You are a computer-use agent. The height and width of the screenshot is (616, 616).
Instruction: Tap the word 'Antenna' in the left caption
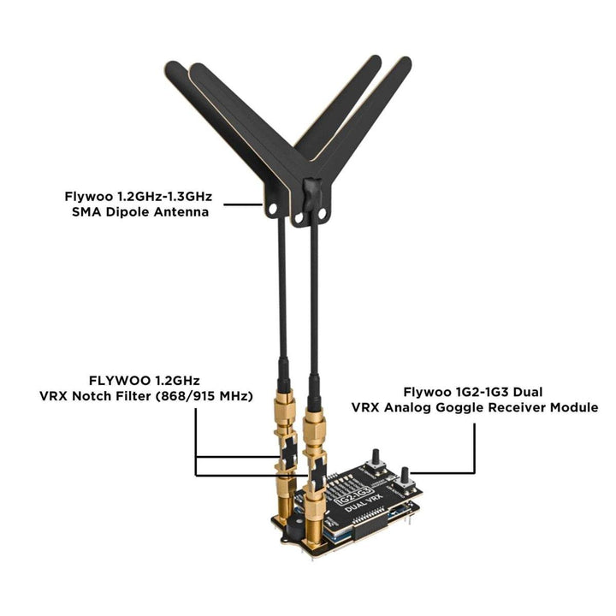(x=181, y=212)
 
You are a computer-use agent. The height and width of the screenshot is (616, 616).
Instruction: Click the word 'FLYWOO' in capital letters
(x=120, y=381)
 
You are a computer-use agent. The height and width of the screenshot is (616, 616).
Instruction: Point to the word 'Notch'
(x=95, y=396)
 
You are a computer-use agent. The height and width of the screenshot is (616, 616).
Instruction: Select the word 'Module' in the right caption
(x=574, y=407)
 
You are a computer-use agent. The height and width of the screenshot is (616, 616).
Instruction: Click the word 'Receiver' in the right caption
(x=517, y=407)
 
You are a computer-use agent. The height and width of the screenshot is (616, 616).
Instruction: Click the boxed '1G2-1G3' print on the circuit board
(x=353, y=495)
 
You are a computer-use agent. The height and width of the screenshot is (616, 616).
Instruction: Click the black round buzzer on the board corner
(x=294, y=528)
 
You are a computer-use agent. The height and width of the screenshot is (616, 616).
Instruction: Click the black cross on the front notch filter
(x=317, y=474)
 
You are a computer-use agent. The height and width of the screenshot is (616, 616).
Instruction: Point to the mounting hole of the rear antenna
(x=272, y=208)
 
